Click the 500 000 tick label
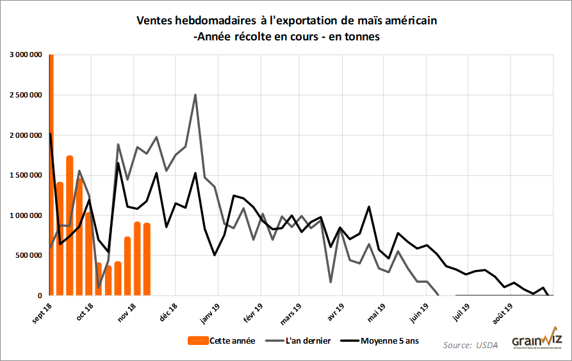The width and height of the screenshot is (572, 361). coord(30,255)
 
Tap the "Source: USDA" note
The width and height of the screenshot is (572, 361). coord(471,346)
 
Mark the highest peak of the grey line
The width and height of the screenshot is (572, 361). coord(195,95)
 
